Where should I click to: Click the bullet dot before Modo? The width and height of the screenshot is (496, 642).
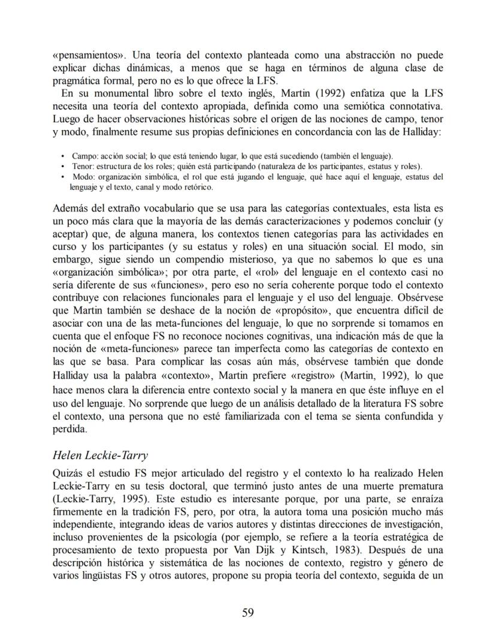pyautogui.click(x=64, y=177)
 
